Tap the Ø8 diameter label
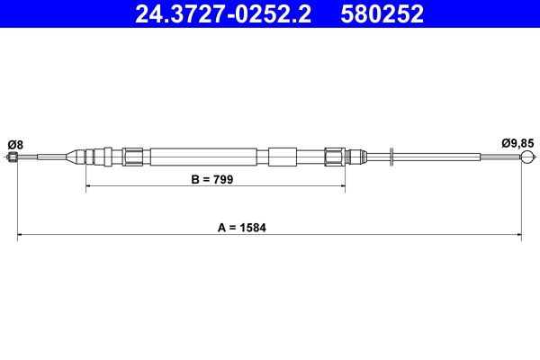coord(14,143)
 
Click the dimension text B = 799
coord(212,180)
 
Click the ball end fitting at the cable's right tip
coord(527,157)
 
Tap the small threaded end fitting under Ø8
coord(13,157)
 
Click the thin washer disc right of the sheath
coord(391,157)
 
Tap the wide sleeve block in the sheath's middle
coord(282,157)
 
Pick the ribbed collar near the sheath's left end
coord(133,157)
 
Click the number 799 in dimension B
coord(223,180)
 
